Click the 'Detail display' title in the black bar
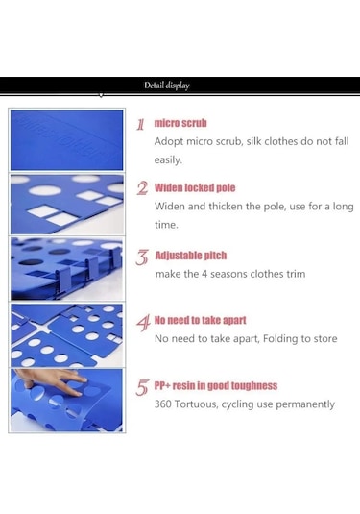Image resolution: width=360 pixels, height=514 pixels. tap(167, 86)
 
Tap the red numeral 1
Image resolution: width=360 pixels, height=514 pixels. tap(140, 124)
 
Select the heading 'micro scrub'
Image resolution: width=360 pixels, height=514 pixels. tap(180, 123)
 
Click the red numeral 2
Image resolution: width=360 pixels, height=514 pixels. tap(142, 188)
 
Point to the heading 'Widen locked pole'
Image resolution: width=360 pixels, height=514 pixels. tap(195, 188)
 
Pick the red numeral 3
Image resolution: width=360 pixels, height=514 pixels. tap(142, 257)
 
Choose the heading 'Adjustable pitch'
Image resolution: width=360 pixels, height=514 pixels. tap(191, 256)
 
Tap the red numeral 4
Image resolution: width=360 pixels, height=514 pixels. tap(143, 323)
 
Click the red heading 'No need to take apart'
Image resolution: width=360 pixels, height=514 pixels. tap(200, 320)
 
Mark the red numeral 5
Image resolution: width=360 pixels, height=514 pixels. tap(143, 387)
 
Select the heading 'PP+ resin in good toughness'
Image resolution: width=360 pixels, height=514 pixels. tap(216, 385)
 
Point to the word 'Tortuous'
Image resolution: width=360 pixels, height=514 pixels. tap(196, 404)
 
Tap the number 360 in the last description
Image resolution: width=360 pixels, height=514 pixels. tap(163, 404)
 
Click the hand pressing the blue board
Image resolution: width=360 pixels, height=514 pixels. tap(51, 380)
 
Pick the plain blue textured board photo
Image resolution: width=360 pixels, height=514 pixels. tap(67, 140)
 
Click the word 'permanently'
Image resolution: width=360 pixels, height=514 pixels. tap(305, 404)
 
